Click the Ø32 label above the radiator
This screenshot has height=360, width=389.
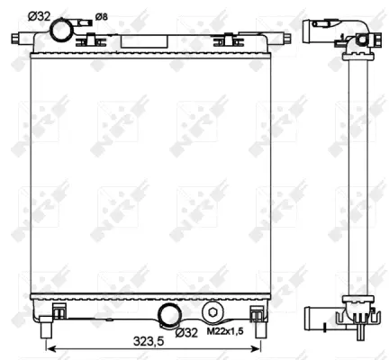point(39,14)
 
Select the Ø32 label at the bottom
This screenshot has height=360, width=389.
point(186,333)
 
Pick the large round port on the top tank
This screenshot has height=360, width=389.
point(62,31)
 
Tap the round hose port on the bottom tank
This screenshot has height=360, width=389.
point(167,314)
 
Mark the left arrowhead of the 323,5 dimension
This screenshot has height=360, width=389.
point(48,347)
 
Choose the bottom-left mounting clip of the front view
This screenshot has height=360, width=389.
point(59,311)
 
